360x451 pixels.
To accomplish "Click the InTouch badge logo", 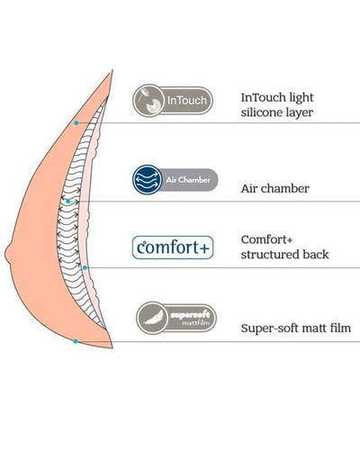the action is click(x=173, y=101).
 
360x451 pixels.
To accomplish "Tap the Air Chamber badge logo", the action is click(x=175, y=180).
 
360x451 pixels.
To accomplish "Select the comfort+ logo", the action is click(x=173, y=248).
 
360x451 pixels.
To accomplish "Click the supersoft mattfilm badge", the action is click(x=176, y=318).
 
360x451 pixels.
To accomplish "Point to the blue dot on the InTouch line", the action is click(x=76, y=123).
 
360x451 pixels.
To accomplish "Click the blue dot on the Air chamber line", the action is click(x=68, y=202).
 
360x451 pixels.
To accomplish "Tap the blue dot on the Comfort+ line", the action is click(x=85, y=267).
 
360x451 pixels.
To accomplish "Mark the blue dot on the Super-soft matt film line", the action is click(x=76, y=341).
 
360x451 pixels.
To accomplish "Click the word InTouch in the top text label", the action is click(x=259, y=97).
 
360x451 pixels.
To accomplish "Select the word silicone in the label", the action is click(x=257, y=113).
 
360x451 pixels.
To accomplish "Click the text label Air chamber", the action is click(x=275, y=189).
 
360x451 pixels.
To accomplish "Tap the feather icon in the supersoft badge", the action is click(x=153, y=318).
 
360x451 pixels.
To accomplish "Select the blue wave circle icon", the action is click(x=147, y=180).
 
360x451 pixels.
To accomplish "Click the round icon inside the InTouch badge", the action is click(x=148, y=101).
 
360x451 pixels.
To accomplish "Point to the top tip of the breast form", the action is click(x=112, y=70).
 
